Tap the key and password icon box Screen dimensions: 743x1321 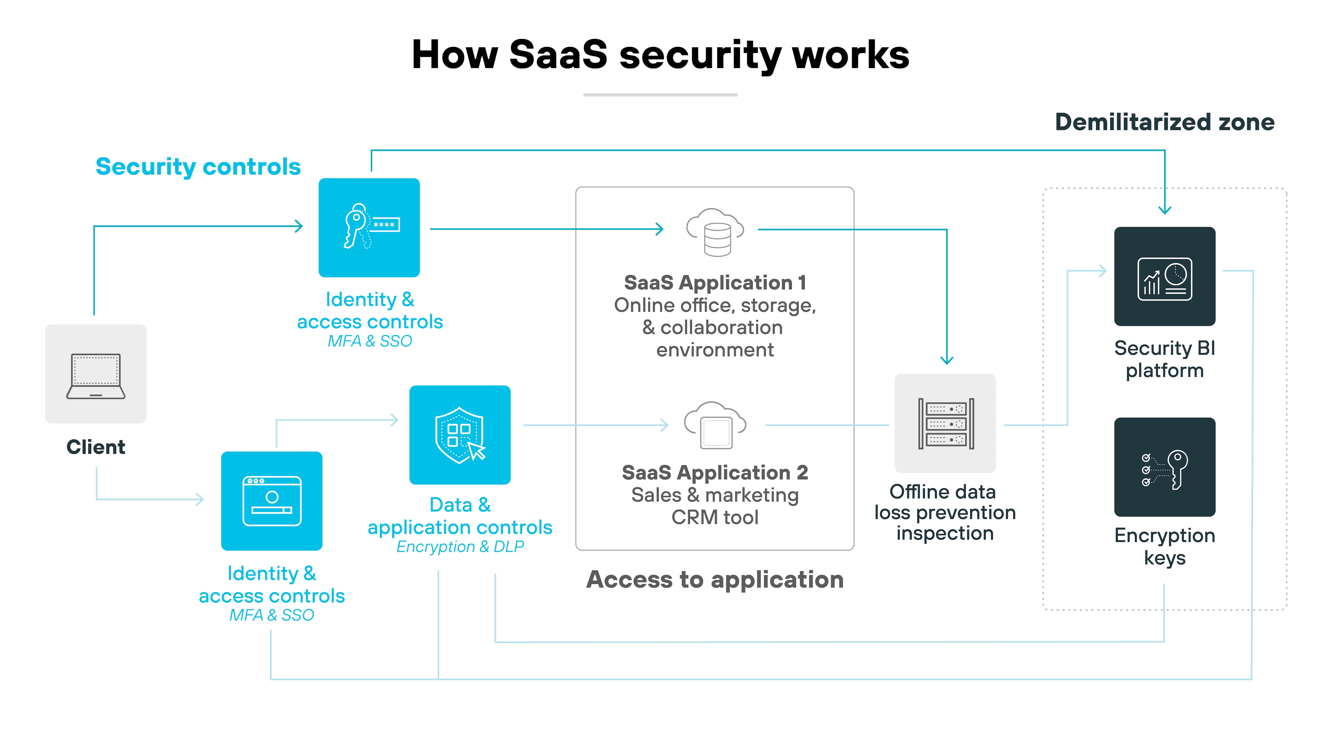pos(369,228)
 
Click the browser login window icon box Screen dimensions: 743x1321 pos(272,501)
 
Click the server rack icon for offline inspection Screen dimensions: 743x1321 pos(945,424)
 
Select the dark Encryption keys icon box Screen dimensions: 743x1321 pos(1165,467)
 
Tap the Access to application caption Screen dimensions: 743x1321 pos(715,579)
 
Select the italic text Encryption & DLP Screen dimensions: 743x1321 pos(460,547)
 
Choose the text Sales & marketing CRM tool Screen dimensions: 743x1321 pos(715,506)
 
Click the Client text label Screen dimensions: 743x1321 pos(96,447)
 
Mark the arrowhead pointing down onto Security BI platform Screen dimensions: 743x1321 pos(1165,209)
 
